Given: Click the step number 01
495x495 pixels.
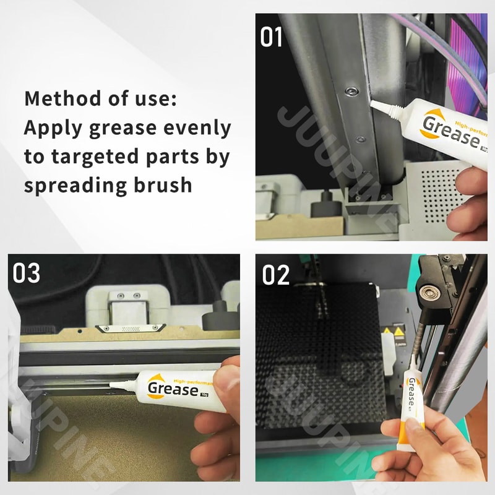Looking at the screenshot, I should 271,37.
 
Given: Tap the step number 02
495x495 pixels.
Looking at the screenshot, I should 276,275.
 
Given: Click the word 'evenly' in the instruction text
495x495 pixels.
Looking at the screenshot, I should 199,129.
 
